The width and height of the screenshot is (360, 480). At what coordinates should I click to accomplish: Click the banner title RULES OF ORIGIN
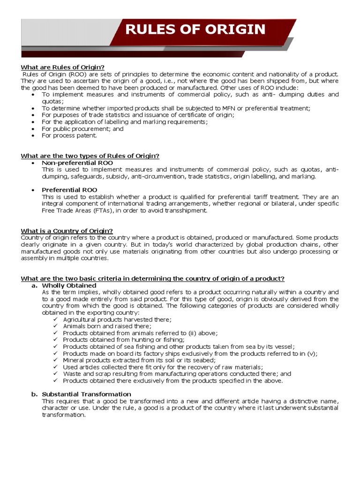(195, 30)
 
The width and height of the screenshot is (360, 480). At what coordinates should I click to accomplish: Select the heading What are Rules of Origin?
(63, 67)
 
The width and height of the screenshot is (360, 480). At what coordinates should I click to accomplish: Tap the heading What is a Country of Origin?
(67, 231)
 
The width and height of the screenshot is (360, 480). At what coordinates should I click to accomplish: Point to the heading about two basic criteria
(153, 278)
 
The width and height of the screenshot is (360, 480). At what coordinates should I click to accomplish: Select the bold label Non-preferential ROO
(77, 163)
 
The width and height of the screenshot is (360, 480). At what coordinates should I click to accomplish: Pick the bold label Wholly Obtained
(69, 285)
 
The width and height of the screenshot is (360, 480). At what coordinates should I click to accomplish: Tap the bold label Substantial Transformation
(87, 394)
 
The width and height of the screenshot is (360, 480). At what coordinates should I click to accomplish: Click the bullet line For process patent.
(69, 135)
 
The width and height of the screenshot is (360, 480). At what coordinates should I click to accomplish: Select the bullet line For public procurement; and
(82, 128)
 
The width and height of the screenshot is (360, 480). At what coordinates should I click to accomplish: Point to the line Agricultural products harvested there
(117, 319)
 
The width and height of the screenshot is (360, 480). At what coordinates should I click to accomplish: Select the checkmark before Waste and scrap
(55, 374)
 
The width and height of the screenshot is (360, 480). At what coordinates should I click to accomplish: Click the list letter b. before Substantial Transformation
(34, 394)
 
